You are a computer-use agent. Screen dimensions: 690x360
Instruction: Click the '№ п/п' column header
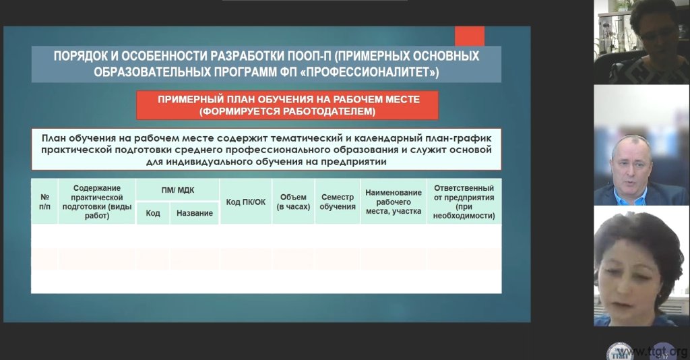[44, 202]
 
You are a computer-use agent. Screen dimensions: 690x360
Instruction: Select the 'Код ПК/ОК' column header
[245, 202]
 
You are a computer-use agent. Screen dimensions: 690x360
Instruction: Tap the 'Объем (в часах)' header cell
[293, 202]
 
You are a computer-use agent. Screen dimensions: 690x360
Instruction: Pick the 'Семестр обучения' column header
[338, 202]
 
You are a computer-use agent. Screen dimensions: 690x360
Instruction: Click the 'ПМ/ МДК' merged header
[177, 190]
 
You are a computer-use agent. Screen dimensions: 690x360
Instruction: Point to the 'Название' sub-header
[195, 213]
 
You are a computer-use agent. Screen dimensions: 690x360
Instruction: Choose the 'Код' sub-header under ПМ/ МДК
[153, 213]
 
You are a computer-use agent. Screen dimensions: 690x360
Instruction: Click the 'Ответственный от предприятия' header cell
[464, 202]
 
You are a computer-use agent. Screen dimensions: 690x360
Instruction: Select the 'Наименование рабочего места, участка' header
[394, 202]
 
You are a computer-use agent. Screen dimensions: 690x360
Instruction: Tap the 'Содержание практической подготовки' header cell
[97, 202]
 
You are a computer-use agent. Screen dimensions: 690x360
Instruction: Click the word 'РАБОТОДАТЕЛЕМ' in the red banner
[329, 111]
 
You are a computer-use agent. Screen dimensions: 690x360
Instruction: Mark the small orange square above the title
[470, 36]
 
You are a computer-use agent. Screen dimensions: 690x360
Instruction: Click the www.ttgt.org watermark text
[652, 352]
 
